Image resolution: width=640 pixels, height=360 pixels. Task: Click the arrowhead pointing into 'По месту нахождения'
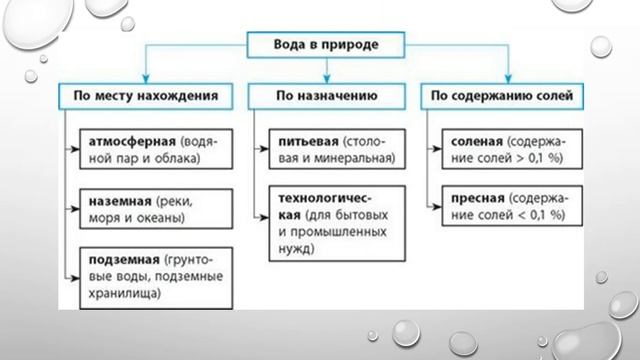146,81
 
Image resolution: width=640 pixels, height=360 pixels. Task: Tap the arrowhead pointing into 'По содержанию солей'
509,81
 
